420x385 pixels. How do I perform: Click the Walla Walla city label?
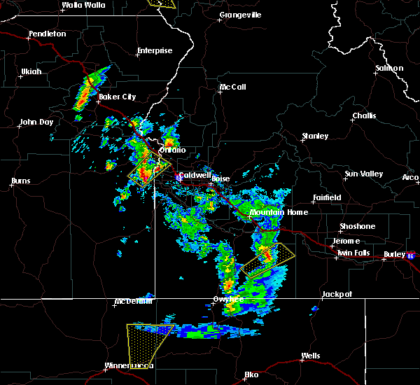click(83, 5)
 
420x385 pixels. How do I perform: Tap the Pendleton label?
click(47, 34)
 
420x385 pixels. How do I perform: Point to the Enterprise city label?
click(154, 51)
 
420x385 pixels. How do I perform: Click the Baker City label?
click(117, 97)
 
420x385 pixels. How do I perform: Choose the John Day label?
click(37, 122)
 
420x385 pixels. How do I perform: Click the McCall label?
click(232, 87)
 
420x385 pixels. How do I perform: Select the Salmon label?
click(389, 69)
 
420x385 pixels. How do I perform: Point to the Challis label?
click(363, 116)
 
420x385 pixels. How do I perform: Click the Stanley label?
click(314, 136)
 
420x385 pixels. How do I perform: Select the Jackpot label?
click(336, 295)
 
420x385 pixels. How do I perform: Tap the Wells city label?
click(310, 356)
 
